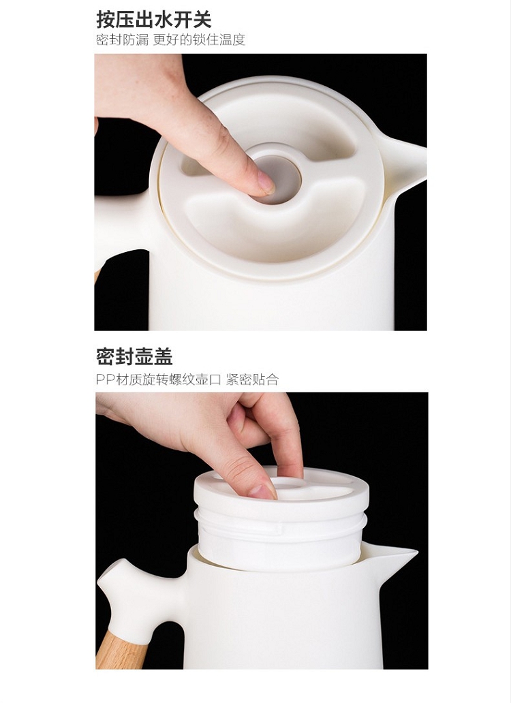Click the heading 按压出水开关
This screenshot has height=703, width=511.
pyautogui.click(x=153, y=19)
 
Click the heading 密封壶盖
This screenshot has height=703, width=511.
pyautogui.click(x=134, y=357)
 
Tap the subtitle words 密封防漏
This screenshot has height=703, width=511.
pyautogui.click(x=122, y=40)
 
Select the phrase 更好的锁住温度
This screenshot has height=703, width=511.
pyautogui.click(x=199, y=40)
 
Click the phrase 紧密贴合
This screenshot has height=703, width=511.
pyautogui.click(x=252, y=379)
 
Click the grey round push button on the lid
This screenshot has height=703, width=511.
pyautogui.click(x=280, y=179)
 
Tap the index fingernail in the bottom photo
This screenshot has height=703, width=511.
pyautogui.click(x=264, y=491)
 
